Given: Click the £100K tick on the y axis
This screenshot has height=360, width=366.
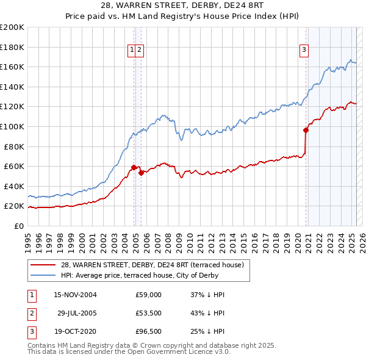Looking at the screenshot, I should click(12, 126).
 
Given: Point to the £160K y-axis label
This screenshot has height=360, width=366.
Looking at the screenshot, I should click(12, 67).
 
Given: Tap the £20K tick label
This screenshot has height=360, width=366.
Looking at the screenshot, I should click(14, 206).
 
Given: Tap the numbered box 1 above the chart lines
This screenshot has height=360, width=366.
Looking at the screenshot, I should click(132, 51).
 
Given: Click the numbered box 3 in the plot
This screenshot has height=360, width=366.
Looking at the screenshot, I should click(303, 51).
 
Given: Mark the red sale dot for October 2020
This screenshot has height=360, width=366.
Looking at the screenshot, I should click(306, 129).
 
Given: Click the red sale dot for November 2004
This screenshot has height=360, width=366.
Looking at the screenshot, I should click(134, 167).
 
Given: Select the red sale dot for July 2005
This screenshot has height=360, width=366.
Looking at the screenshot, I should click(141, 173).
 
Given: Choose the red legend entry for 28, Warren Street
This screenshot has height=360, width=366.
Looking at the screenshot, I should click(152, 265).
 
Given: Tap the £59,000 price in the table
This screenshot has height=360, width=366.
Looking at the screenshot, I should click(148, 295).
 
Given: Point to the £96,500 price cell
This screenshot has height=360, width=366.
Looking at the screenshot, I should click(148, 333).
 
